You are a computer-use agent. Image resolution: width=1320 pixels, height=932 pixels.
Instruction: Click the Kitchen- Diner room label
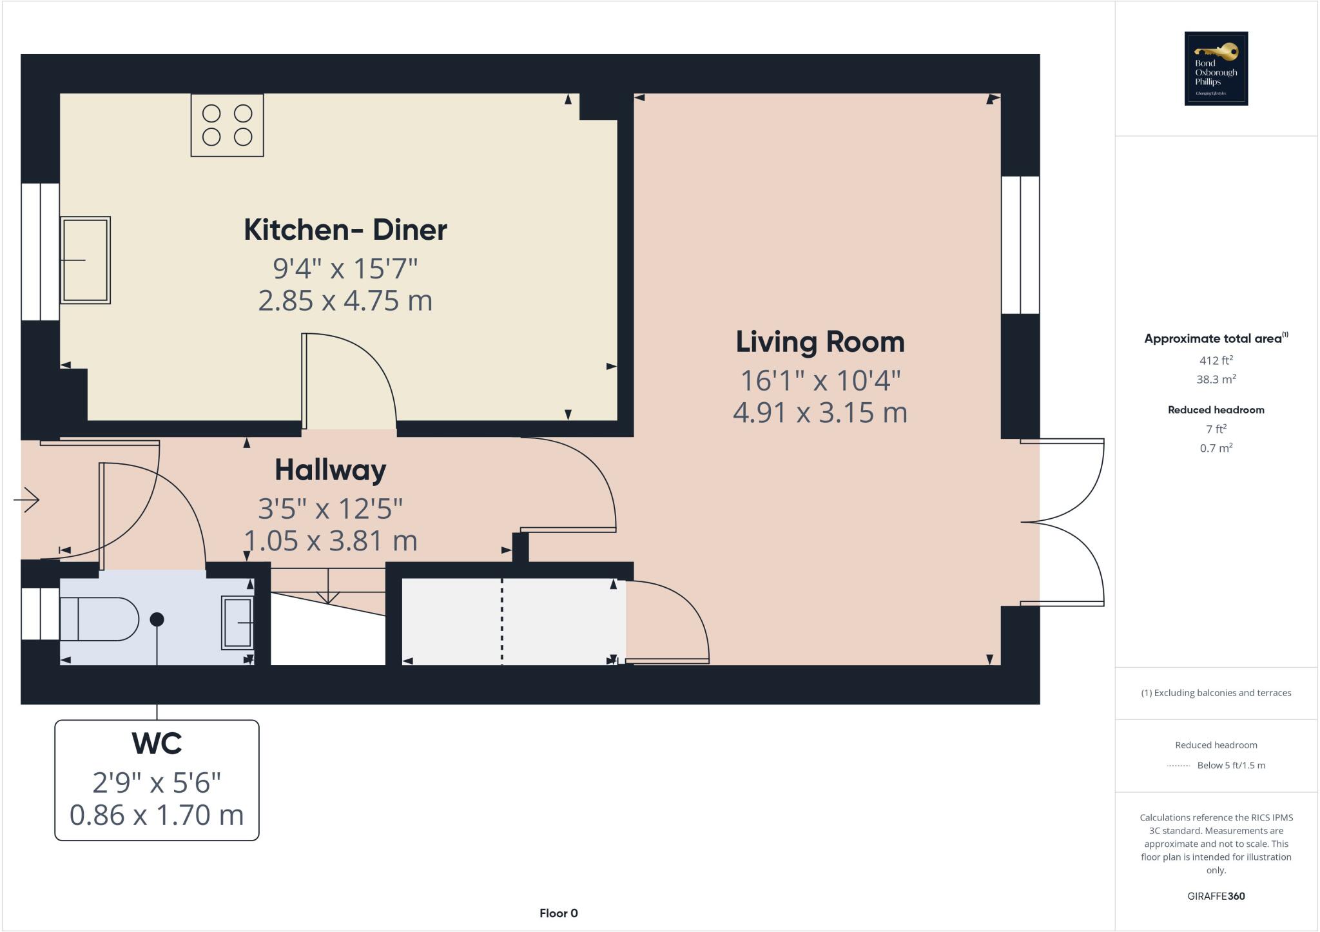tap(345, 230)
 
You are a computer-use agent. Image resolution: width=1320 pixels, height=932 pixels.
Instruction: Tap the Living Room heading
tap(820, 342)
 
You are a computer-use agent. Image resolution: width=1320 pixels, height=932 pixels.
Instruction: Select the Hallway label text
tap(331, 470)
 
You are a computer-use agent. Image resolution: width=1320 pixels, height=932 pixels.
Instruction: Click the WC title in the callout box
tap(157, 743)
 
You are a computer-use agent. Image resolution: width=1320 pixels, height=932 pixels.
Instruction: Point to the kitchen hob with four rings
tap(227, 125)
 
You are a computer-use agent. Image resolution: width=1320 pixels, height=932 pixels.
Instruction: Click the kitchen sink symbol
tap(86, 260)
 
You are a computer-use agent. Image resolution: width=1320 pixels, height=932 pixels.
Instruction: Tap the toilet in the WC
tap(99, 619)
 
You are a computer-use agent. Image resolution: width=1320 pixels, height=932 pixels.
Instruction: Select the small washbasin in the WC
tap(237, 623)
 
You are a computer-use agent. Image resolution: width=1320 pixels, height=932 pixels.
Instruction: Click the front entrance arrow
tap(26, 500)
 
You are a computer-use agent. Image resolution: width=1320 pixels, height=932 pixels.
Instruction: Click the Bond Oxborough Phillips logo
tap(1216, 68)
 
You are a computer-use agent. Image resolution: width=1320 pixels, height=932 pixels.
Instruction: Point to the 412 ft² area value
tap(1216, 360)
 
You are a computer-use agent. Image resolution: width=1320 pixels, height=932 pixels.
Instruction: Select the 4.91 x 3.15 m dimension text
tap(820, 413)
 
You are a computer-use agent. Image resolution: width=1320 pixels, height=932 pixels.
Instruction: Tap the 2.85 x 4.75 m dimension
tap(345, 301)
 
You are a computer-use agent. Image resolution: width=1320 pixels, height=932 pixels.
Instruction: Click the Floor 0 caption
tap(559, 913)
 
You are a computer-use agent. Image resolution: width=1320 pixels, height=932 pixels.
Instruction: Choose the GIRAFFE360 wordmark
tap(1216, 896)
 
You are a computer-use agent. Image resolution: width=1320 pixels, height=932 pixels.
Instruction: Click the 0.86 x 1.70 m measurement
tap(157, 815)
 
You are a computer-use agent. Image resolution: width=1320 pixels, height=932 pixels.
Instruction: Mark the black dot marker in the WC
tap(157, 619)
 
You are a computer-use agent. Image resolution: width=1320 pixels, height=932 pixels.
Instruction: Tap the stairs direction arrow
tap(329, 587)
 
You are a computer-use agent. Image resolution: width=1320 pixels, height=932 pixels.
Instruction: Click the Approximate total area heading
tap(1216, 338)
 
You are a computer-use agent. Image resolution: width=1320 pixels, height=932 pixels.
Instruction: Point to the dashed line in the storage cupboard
tap(502, 621)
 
